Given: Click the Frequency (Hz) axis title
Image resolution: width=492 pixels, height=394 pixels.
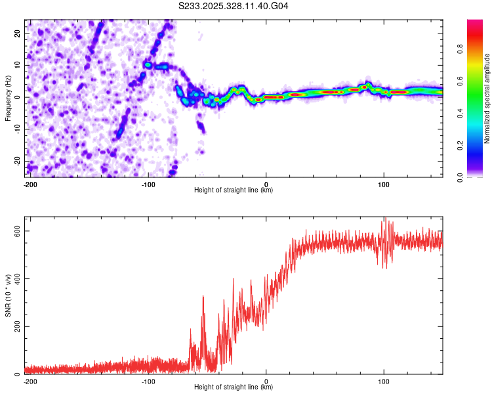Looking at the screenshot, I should pyautogui.click(x=8, y=98).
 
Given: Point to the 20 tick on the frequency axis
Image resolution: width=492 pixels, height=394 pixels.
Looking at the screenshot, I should pyautogui.click(x=17, y=33).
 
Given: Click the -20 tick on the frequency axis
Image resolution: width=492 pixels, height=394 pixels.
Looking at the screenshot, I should pyautogui.click(x=16, y=161).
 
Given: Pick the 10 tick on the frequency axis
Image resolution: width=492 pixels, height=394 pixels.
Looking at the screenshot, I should pyautogui.click(x=17, y=65).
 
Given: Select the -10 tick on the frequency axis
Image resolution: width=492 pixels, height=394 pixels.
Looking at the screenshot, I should pyautogui.click(x=16, y=129).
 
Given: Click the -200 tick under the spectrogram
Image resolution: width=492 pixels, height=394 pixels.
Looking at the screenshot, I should pyautogui.click(x=30, y=183).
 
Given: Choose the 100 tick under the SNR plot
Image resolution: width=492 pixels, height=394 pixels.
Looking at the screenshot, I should pyautogui.click(x=384, y=381).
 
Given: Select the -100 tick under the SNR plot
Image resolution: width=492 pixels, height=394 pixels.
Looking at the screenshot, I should pyautogui.click(x=148, y=381).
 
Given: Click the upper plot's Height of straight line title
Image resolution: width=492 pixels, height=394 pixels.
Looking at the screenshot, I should pyautogui.click(x=234, y=190).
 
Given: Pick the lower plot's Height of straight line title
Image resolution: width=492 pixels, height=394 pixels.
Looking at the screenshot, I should pyautogui.click(x=234, y=387).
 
